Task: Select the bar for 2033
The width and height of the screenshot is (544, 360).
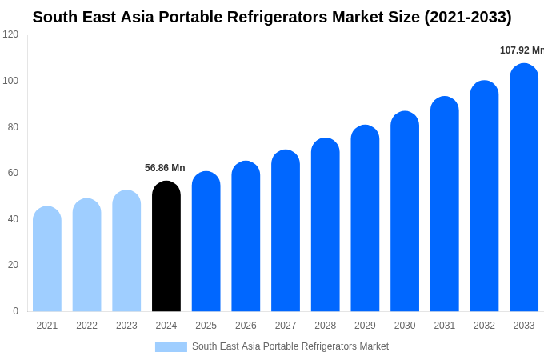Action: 524,188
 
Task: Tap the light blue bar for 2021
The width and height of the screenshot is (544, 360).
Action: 47,259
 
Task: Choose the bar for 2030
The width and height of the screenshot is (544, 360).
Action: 405,211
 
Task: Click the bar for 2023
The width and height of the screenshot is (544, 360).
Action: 126,251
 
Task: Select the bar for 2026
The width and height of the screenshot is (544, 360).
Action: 246,237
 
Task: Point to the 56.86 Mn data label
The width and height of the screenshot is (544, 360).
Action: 165,168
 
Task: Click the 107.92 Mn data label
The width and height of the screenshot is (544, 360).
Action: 522,50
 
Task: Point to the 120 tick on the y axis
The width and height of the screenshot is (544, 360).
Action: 10,34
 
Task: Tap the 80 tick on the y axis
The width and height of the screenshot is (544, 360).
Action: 13,126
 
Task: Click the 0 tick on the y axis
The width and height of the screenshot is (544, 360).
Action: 15,311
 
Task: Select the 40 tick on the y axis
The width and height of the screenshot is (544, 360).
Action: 13,219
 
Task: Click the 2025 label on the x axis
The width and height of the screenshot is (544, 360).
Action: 206,326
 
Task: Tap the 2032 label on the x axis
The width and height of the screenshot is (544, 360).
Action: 484,326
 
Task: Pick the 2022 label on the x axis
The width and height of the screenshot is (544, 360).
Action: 86,326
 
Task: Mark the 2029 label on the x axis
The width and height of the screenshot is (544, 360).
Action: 365,326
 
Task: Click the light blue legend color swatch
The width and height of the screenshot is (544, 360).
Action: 170,347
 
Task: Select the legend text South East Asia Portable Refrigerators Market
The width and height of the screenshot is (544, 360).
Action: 290,346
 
